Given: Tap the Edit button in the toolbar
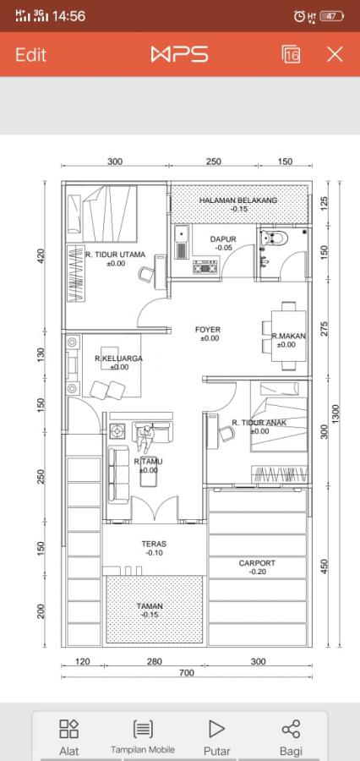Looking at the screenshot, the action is [x=30, y=54].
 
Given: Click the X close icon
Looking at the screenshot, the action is [x=335, y=54].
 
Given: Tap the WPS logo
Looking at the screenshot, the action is [x=179, y=54].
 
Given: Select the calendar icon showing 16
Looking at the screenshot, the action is [x=291, y=54].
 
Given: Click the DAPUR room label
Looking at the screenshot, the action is [x=223, y=239].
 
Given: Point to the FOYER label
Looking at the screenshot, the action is [x=208, y=330].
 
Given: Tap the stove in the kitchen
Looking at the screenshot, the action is [x=205, y=267].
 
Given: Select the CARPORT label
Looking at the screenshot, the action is [x=257, y=563].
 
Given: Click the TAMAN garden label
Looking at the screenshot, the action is [x=150, y=606].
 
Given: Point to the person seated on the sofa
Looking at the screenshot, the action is [x=145, y=437].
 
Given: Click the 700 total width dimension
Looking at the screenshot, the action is [x=186, y=673].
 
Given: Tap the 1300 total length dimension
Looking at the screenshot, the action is [x=336, y=413].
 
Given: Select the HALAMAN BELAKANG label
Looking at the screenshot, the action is [x=238, y=200].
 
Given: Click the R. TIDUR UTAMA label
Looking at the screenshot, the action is [x=116, y=255].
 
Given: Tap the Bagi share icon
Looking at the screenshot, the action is [x=291, y=729].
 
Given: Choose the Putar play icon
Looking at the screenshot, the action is [x=216, y=729].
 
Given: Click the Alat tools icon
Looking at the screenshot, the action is [x=69, y=729].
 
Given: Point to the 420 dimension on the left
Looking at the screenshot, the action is [x=41, y=255].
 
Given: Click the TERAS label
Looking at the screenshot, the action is [x=154, y=544].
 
